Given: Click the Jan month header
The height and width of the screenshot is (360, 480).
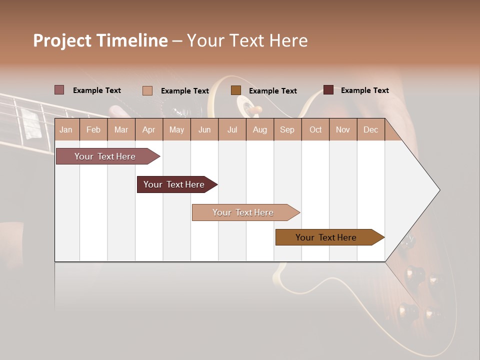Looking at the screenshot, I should [66, 129].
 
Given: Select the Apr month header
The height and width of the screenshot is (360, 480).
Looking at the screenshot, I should [149, 129].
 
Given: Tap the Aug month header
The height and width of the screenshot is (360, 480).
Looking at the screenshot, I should [260, 129].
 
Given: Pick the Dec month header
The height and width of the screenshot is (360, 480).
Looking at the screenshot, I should [370, 129].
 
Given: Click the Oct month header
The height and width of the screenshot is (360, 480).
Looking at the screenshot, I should [315, 129].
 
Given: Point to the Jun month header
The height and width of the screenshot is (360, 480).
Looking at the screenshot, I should [204, 129].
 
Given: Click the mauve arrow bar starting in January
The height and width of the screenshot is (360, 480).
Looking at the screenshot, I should [105, 156].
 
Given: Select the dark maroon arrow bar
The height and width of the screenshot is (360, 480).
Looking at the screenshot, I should [174, 184].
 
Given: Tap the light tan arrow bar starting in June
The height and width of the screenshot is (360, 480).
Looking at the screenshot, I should [243, 212].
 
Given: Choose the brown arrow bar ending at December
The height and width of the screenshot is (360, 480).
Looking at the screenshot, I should [326, 237].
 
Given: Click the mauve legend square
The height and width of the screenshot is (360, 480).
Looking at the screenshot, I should [59, 90].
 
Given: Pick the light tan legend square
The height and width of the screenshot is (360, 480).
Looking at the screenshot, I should [147, 90].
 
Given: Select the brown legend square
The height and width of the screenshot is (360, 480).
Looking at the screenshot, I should [236, 90].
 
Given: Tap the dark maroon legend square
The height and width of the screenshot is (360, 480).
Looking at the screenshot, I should [328, 90].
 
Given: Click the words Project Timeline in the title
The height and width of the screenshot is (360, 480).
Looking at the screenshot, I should [100, 40].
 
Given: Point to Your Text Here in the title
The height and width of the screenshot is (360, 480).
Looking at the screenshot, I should [247, 40].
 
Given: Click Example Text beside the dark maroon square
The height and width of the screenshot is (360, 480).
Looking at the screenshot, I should [365, 90].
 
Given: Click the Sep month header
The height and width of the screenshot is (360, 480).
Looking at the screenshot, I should [287, 129].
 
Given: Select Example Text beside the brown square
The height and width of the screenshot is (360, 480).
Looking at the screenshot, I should [273, 91].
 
